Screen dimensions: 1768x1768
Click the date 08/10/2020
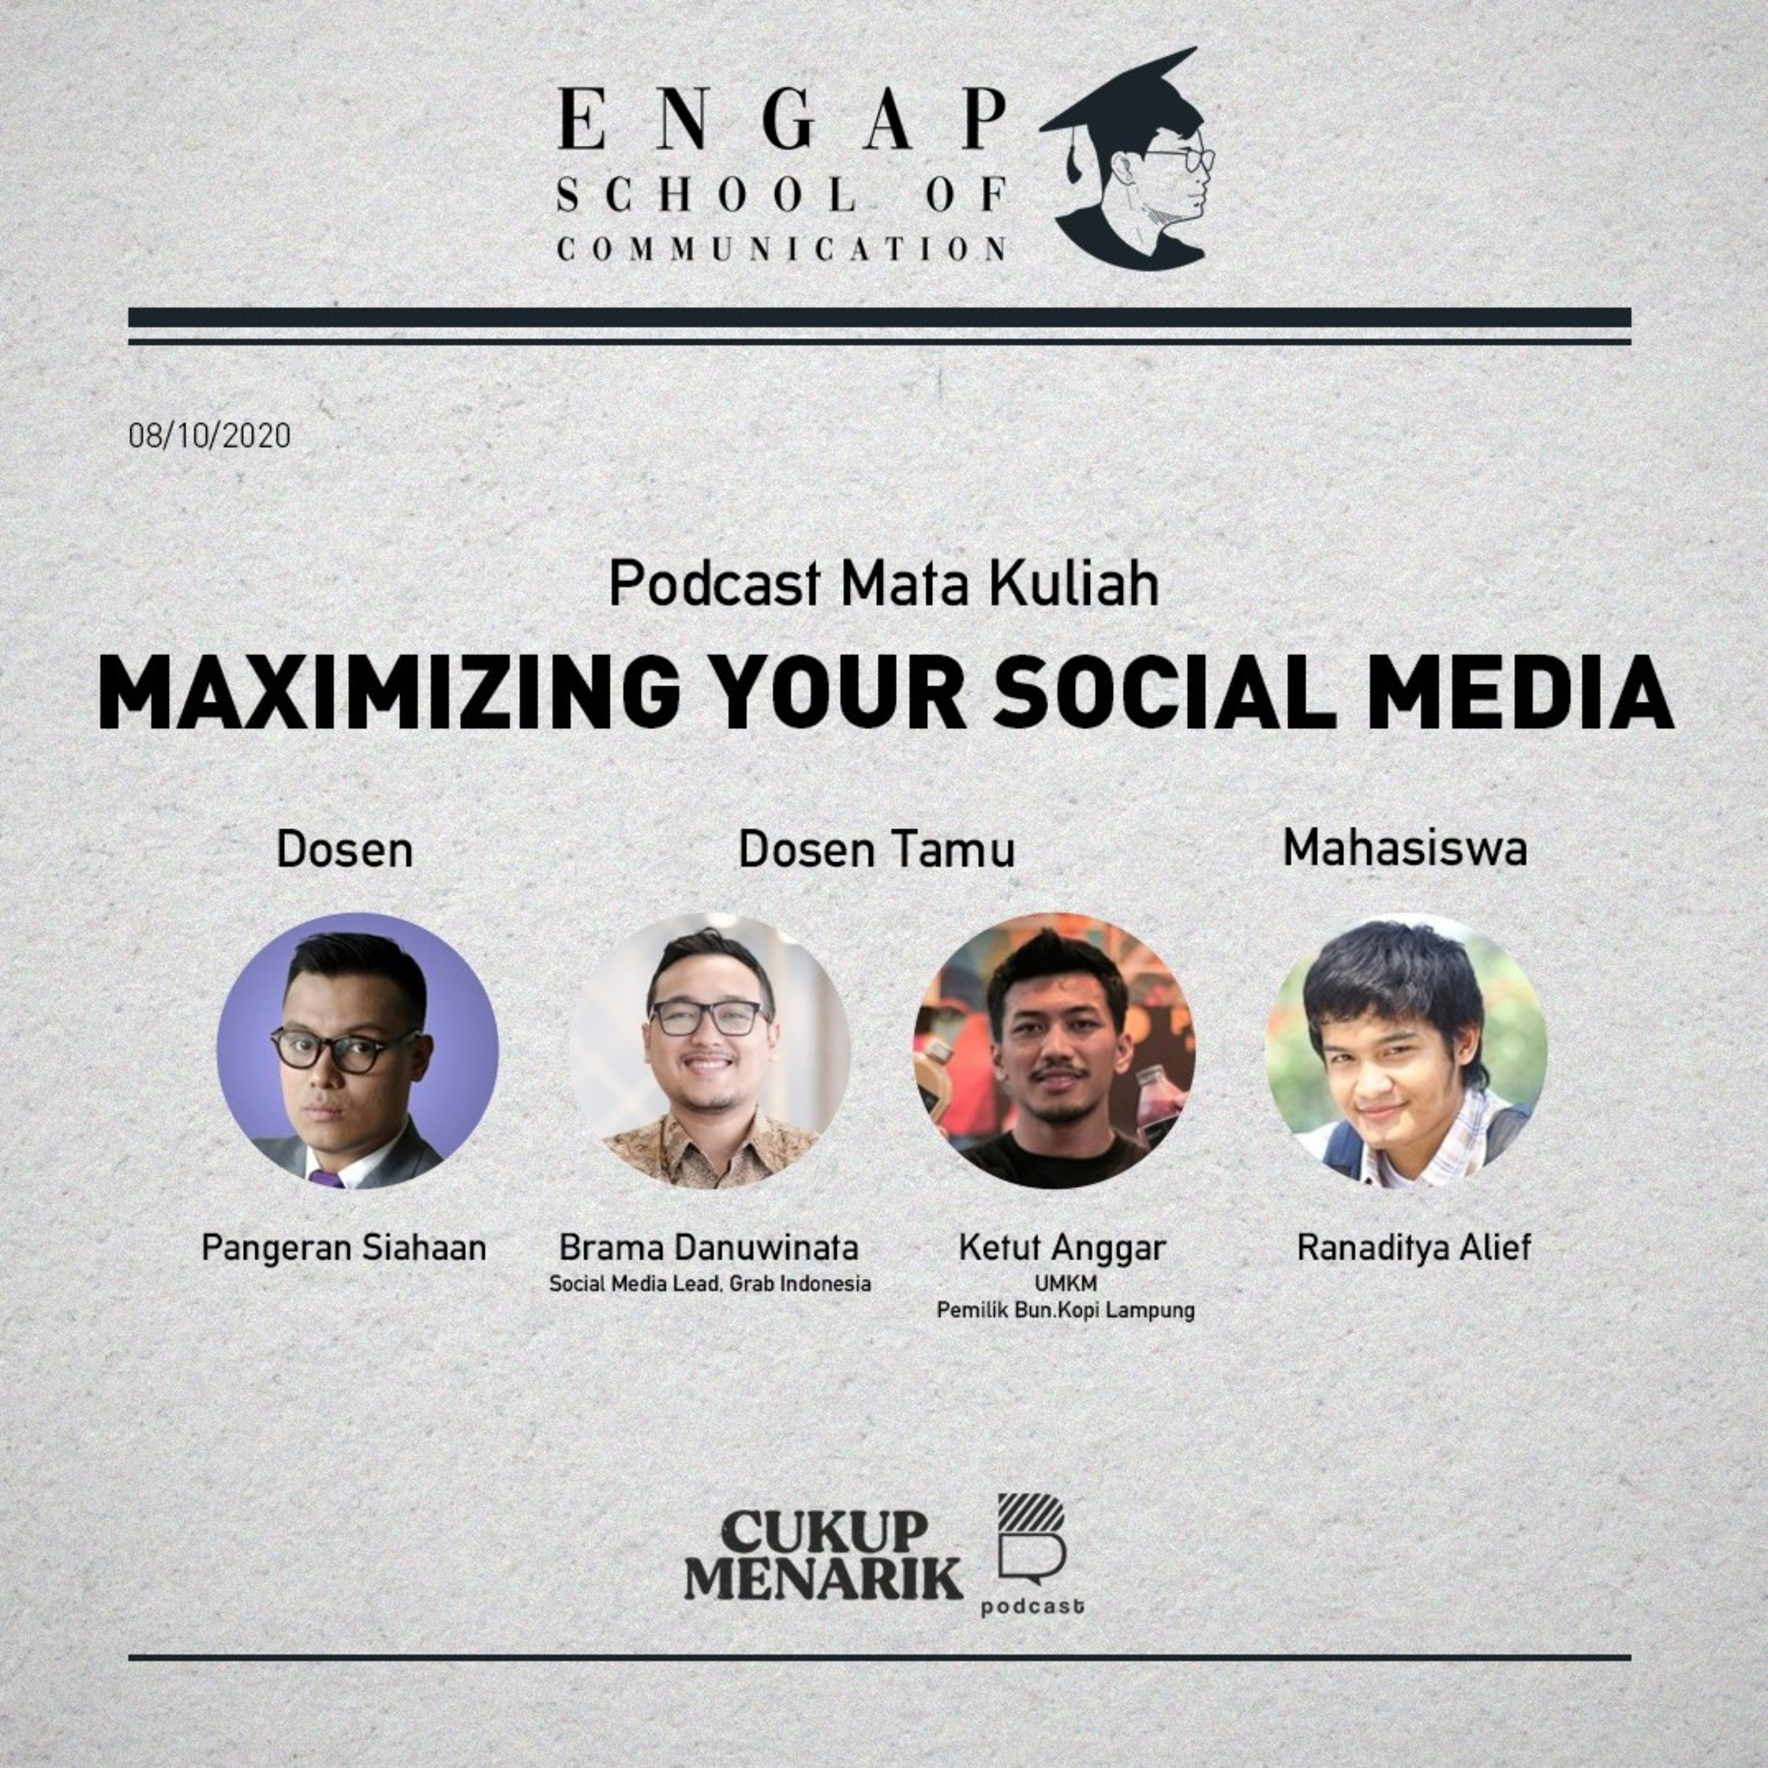210,435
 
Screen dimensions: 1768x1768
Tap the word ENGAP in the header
783,120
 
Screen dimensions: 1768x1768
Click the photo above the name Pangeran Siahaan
358,1051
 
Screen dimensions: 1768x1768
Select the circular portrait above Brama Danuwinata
709,1051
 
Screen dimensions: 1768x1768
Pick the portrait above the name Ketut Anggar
1054,1051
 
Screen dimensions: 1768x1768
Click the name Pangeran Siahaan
344,1247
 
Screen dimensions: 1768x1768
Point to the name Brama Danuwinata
709,1247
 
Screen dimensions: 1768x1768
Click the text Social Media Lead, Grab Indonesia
709,1284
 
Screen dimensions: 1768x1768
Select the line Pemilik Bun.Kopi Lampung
1065,1311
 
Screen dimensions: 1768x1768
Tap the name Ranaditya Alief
1414,1247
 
